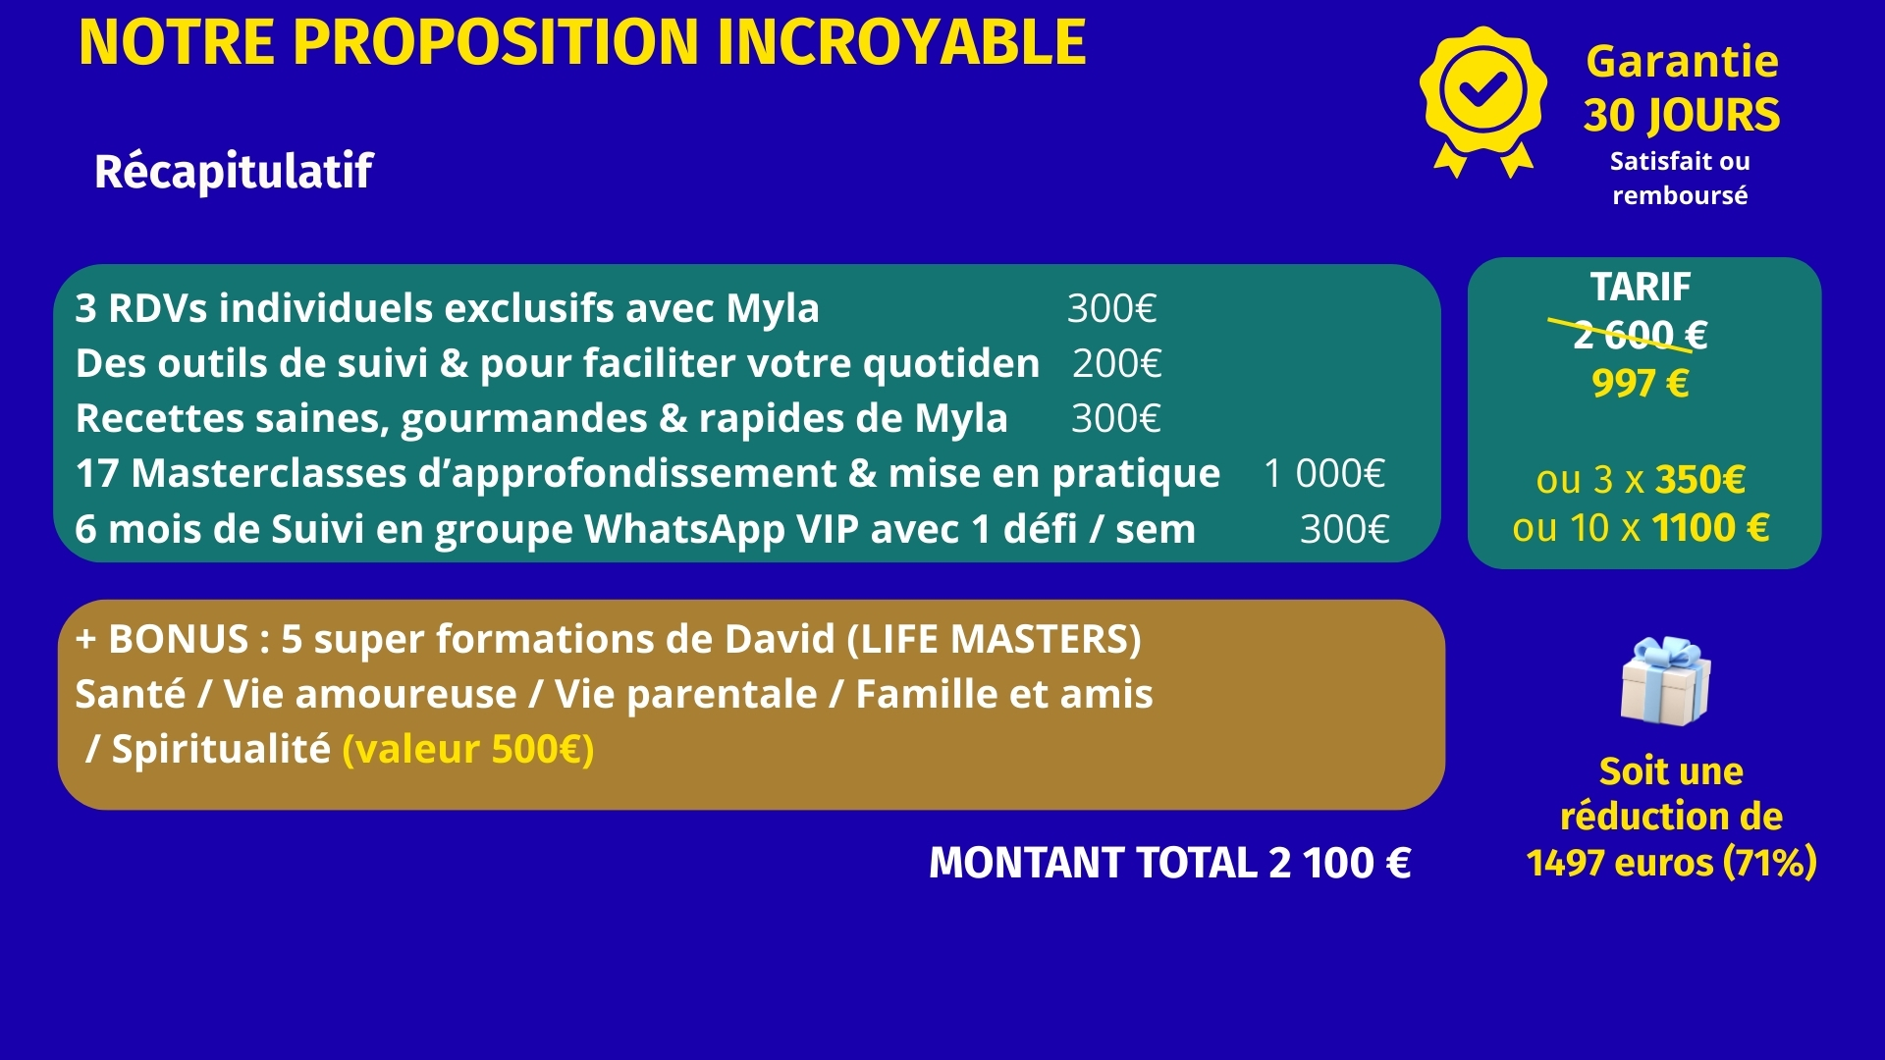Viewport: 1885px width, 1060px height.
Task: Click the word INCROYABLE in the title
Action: (902, 43)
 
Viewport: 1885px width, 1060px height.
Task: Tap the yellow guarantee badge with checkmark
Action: (1482, 98)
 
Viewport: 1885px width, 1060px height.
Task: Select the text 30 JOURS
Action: (1681, 116)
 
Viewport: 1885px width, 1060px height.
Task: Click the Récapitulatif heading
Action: (234, 172)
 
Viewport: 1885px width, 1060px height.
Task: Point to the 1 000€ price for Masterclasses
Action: (1323, 474)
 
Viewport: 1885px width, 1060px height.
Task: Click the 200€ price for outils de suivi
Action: (1116, 364)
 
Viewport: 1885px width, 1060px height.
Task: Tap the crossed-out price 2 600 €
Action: (1640, 336)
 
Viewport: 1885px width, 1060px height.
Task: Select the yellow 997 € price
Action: (1640, 384)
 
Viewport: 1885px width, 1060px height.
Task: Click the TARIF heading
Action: (1641, 288)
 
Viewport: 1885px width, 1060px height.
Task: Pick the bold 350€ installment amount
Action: (1700, 480)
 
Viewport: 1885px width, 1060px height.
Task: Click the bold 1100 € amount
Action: (1710, 528)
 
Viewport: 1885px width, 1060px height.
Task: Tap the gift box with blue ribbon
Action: (1665, 681)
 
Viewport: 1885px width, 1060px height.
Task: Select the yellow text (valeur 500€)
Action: (468, 750)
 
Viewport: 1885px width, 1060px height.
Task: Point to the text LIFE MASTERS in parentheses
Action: (994, 640)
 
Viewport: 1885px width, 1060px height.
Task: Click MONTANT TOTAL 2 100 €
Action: (1169, 864)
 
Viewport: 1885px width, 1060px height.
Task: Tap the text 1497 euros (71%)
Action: (1671, 863)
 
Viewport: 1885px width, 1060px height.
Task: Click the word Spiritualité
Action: (221, 750)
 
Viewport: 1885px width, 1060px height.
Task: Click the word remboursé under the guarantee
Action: (1680, 195)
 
